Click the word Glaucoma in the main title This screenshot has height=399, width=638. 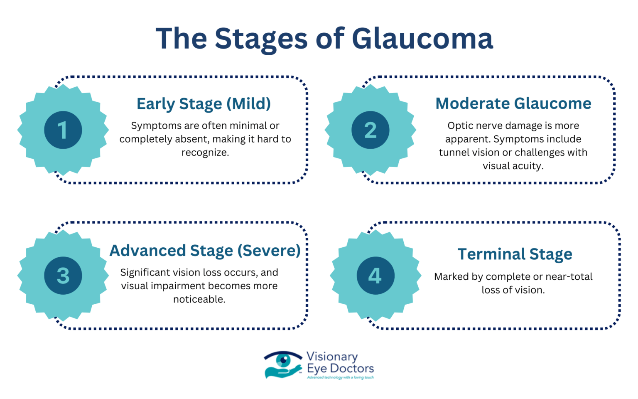coord(422,39)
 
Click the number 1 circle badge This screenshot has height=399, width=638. coord(63,130)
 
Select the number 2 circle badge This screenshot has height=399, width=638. coord(370,130)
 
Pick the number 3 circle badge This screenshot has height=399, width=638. coord(63,275)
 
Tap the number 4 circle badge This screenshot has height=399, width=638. coord(375,275)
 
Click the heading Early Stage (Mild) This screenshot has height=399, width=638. coord(204,104)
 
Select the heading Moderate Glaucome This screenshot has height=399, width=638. coord(513,103)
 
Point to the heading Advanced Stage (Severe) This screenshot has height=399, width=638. coord(205,251)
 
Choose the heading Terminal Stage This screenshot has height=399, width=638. coord(515,254)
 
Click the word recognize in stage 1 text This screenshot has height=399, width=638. coord(205,153)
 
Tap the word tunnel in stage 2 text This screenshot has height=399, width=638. coord(454,153)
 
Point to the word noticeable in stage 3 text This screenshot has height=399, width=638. coord(199,299)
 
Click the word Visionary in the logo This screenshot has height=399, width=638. coord(332,357)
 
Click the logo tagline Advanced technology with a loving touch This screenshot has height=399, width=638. coord(340,378)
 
